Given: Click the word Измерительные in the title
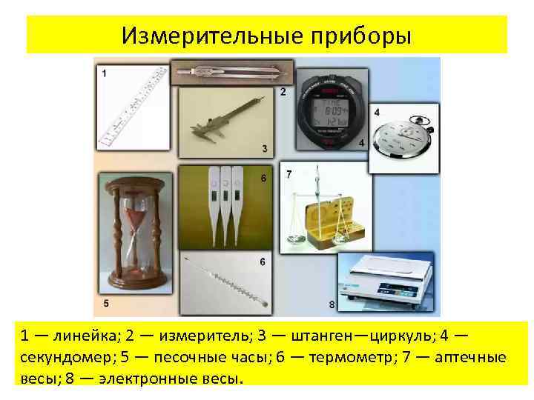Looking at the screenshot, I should click(x=199, y=35).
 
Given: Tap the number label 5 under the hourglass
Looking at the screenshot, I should click(x=106, y=302).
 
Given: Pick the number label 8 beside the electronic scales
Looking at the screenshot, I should click(x=331, y=304).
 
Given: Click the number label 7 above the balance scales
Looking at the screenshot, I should click(x=289, y=173).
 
